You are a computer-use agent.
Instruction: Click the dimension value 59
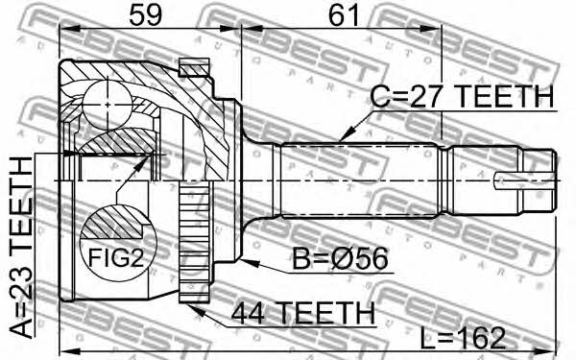(146, 15)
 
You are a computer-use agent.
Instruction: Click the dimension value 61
(344, 15)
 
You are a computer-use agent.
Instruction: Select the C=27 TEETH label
(462, 96)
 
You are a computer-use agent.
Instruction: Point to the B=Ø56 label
(340, 258)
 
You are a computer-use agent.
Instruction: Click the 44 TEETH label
(303, 313)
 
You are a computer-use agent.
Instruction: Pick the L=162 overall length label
(463, 338)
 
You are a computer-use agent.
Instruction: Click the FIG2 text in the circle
(116, 258)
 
